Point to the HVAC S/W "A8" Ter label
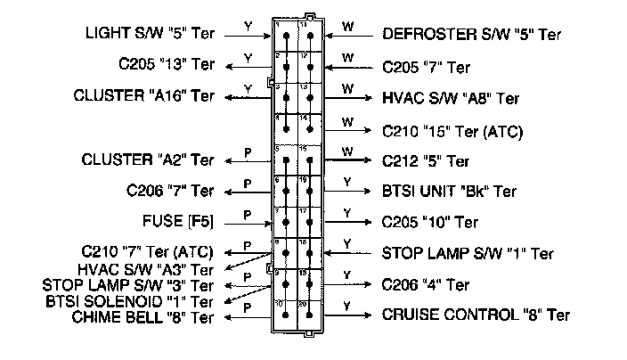pos(450,98)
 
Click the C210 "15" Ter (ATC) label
pos(452,131)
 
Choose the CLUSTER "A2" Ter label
pos(148,160)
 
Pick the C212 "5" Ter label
pos(426,161)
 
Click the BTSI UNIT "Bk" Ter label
pos(449,191)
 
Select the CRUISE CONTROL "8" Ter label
pos(476,315)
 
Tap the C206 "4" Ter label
pos(426,285)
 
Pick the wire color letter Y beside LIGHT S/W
pos(248,27)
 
